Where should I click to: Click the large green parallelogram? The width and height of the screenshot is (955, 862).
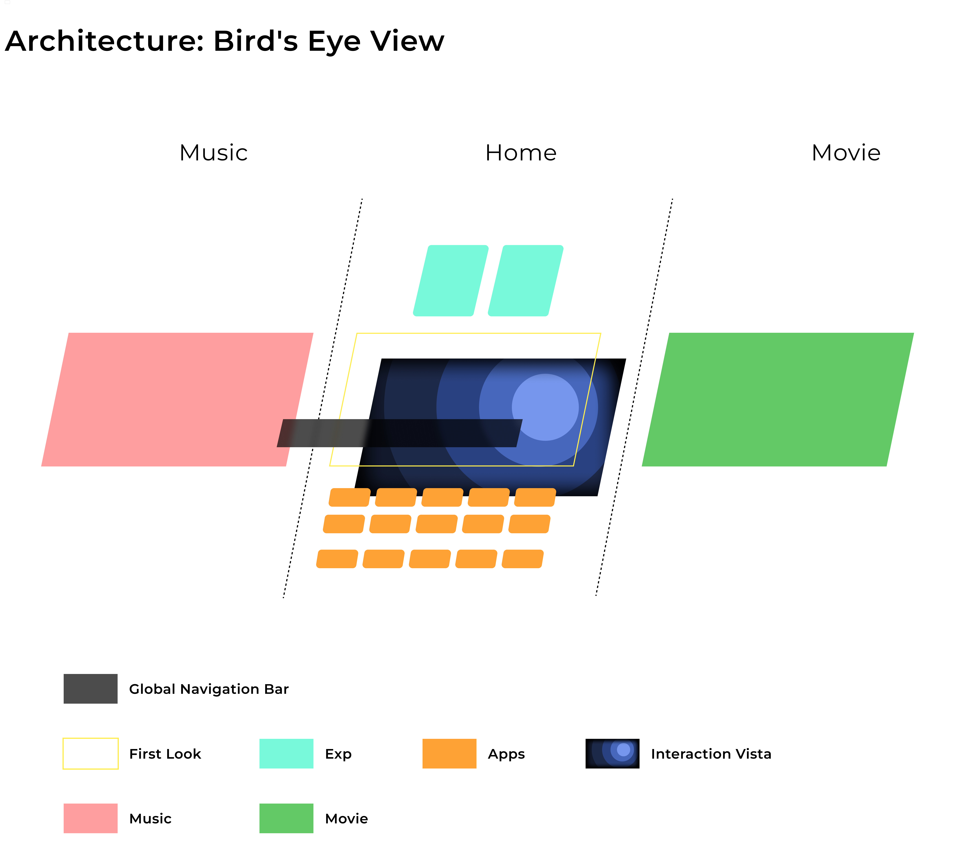tap(778, 399)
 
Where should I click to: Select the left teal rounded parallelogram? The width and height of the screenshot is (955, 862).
tap(450, 280)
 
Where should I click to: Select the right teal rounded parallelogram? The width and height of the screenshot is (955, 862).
tap(525, 280)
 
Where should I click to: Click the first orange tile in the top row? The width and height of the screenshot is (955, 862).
tap(350, 497)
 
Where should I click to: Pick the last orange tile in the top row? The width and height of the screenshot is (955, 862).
tap(535, 497)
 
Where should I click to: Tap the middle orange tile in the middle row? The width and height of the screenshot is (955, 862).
tap(437, 524)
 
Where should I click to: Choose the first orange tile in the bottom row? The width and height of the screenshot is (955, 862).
tap(337, 559)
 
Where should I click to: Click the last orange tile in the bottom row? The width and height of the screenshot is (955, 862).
tap(523, 559)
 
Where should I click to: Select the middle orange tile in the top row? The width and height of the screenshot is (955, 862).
tap(442, 497)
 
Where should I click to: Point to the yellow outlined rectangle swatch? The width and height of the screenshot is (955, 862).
tap(90, 753)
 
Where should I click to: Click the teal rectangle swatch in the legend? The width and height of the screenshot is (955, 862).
tap(286, 753)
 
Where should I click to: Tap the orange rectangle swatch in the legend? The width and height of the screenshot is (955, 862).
tap(449, 753)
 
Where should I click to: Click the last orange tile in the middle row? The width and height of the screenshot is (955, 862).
tap(530, 524)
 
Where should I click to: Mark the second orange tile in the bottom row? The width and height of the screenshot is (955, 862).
tap(383, 559)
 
